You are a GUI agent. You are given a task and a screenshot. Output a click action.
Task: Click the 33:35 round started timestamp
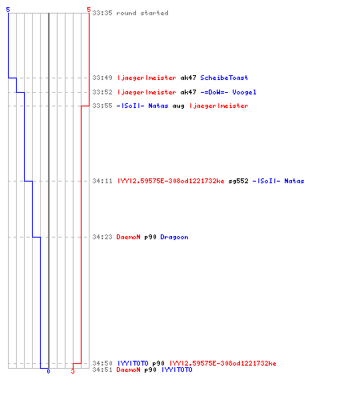[x=102, y=13]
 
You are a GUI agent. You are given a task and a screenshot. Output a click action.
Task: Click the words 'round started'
[x=142, y=13]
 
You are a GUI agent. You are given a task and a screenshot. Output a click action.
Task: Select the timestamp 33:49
[x=102, y=78]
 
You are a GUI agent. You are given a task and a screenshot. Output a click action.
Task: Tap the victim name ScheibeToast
[x=224, y=78]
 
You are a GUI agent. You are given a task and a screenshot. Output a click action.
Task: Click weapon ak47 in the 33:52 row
[x=188, y=92]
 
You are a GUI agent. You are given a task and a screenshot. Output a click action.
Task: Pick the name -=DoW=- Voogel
[x=228, y=92]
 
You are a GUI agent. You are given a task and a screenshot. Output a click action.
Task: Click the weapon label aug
[x=178, y=106]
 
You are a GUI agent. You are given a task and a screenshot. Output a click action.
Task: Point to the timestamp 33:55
[x=102, y=106]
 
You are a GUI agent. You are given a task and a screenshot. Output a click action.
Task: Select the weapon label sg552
[x=238, y=181]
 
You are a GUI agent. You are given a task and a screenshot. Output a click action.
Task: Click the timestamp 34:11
[x=102, y=181]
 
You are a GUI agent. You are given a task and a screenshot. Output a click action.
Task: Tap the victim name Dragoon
[x=174, y=237]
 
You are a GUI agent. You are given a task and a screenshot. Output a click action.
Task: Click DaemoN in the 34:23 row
[x=128, y=237]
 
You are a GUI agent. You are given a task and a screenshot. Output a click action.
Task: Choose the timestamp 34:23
[x=102, y=237]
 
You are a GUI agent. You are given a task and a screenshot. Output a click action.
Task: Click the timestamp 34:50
[x=102, y=363]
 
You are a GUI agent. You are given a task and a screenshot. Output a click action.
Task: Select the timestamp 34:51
[x=102, y=370]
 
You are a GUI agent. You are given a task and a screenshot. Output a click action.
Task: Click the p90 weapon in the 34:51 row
[x=150, y=370]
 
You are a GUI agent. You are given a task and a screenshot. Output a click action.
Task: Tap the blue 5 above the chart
[x=8, y=10]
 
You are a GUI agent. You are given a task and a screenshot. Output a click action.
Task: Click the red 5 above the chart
[x=89, y=10]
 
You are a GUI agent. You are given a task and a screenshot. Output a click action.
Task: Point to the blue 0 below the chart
[x=48, y=371]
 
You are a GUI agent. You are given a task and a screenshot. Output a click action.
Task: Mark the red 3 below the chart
[x=73, y=371]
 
